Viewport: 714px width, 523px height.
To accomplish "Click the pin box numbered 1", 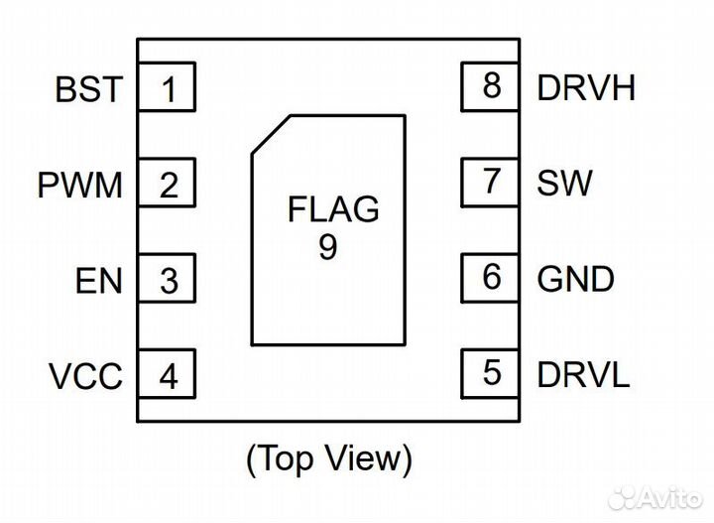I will (167, 89).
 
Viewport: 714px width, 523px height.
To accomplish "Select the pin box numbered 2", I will (167, 185).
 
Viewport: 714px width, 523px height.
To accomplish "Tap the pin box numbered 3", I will (167, 281).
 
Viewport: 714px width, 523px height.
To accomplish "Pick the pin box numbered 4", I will (167, 376).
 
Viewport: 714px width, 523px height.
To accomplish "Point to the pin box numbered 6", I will (490, 277).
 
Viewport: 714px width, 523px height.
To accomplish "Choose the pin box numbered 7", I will (490, 182).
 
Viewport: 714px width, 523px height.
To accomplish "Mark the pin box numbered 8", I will (490, 86).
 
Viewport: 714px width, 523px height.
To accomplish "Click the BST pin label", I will (89, 90).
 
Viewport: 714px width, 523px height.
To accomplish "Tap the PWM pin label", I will (81, 186).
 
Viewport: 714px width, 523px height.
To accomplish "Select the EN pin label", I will (99, 281).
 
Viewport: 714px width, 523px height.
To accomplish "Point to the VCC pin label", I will (86, 377).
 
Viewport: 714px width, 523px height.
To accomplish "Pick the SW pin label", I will (564, 183).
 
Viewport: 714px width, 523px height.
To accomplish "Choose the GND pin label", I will (575, 279).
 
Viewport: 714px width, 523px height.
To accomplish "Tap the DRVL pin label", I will (583, 374).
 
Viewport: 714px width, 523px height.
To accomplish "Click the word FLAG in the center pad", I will (333, 210).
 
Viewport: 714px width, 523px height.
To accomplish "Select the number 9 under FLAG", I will (328, 246).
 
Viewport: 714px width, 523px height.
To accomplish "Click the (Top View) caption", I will (328, 458).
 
